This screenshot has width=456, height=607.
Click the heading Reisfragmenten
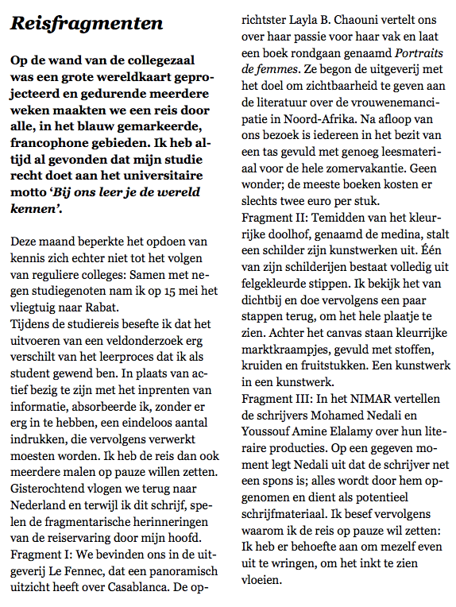[x=87, y=24]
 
